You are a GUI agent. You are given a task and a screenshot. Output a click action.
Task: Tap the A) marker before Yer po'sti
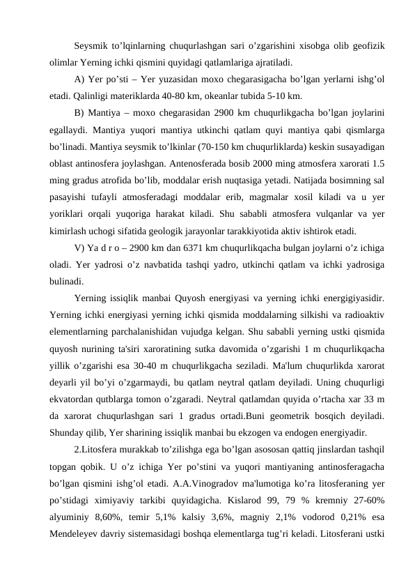point(79,79)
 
